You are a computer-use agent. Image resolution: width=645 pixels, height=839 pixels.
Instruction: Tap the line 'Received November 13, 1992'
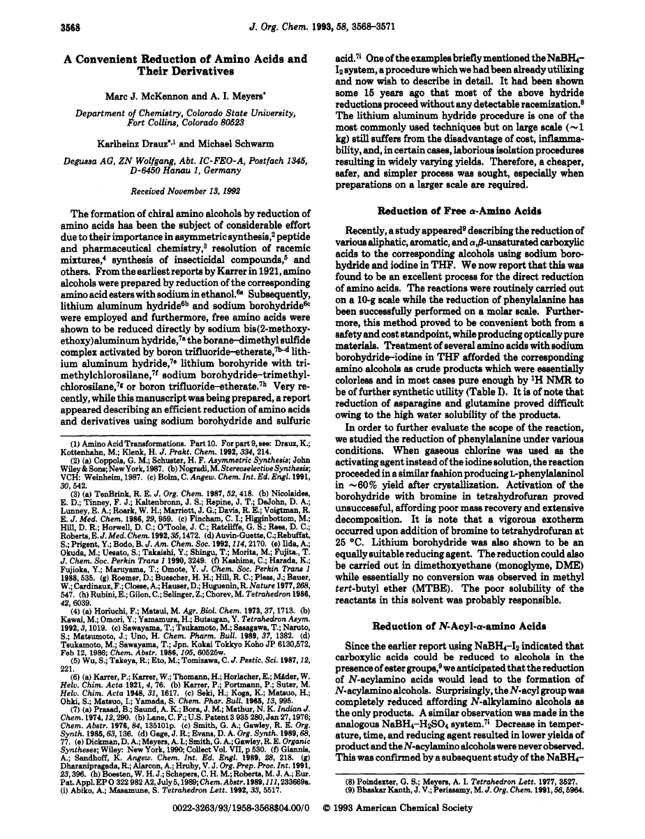(x=175, y=189)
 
